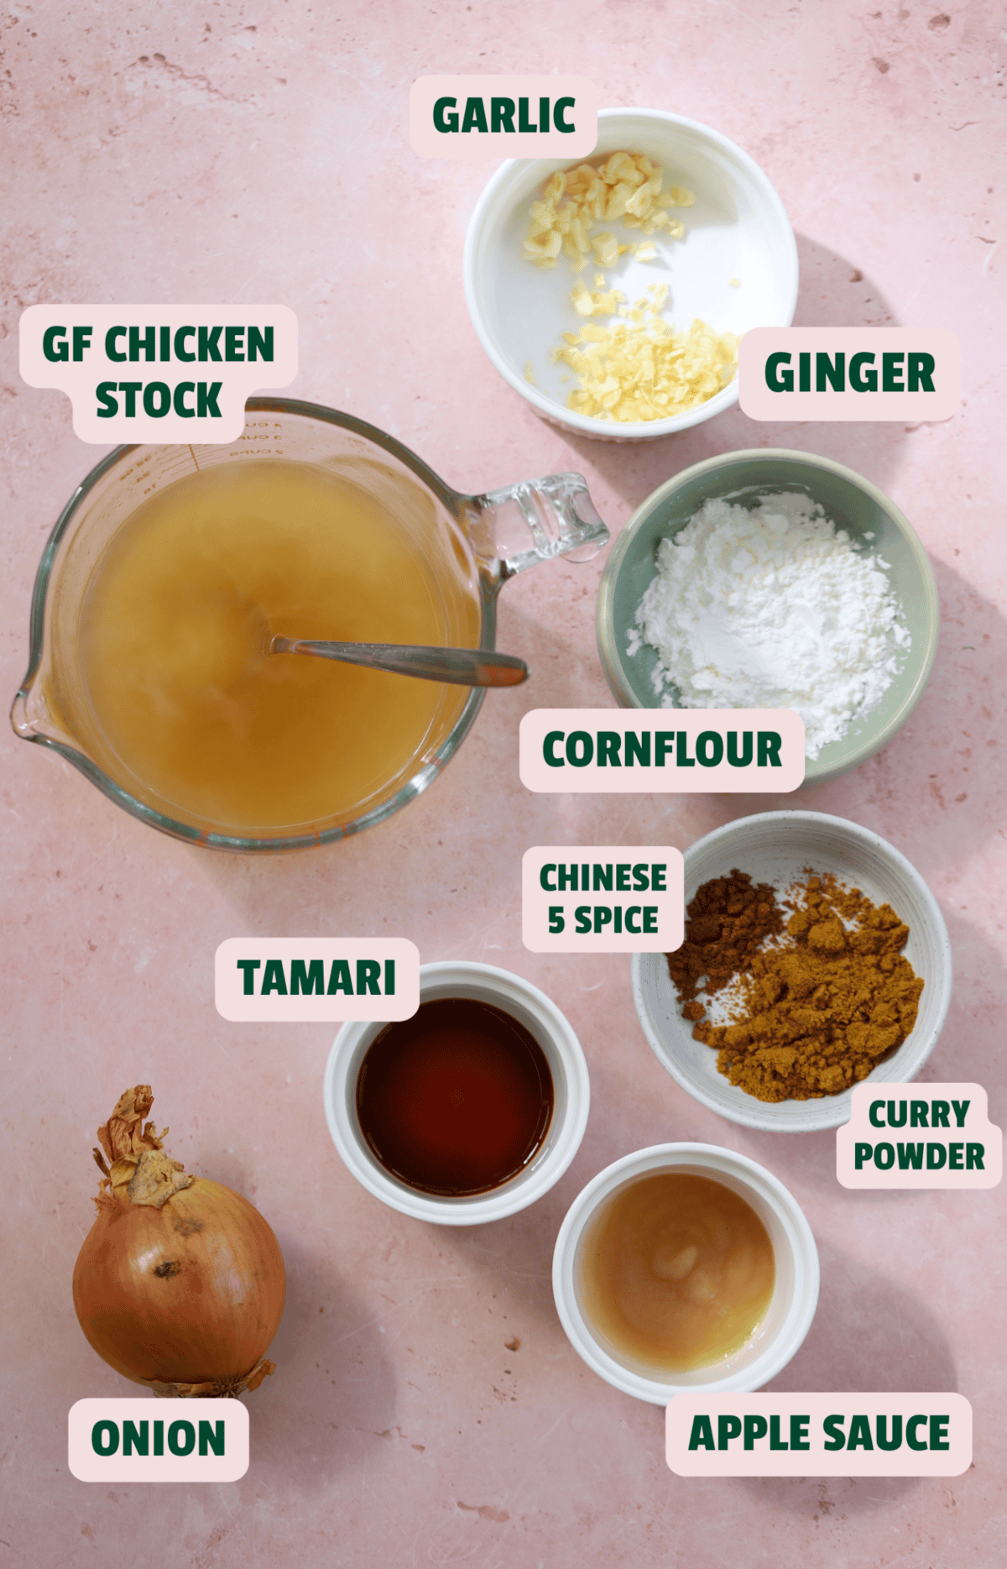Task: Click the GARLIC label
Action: click(x=503, y=116)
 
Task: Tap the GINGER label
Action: click(x=849, y=373)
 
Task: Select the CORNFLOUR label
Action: click(x=661, y=750)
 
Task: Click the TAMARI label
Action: click(x=316, y=979)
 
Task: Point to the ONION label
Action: click(x=158, y=1438)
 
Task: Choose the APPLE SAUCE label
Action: click(x=818, y=1433)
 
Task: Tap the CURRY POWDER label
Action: click(x=919, y=1135)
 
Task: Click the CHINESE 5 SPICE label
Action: click(x=603, y=899)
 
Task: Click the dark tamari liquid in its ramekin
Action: click(x=455, y=1096)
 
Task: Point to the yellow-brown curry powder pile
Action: click(x=822, y=1007)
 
